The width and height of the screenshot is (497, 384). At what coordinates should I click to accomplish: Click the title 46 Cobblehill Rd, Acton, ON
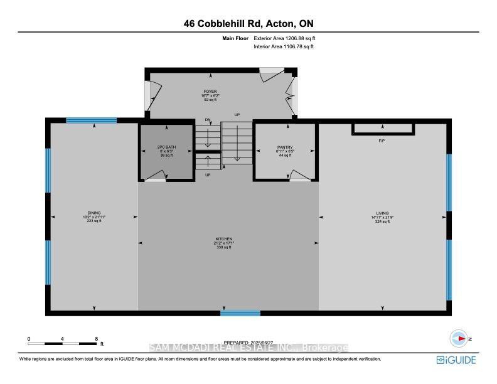point(249,23)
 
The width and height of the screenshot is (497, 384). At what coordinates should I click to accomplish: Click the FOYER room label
point(201,92)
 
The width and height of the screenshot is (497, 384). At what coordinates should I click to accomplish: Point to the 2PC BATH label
point(165,147)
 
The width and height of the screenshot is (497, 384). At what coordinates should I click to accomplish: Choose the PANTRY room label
point(284,147)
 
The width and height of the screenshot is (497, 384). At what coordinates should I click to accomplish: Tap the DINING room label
point(94,213)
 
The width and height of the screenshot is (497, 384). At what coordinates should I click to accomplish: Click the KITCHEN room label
point(224,239)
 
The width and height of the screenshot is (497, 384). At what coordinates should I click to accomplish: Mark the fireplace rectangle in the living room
point(383,129)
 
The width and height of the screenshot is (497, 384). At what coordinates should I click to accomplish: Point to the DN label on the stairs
point(208,120)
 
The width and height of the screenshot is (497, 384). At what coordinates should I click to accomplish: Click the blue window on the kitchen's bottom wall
point(240,312)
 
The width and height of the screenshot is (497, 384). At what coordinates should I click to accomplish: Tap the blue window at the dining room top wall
point(92,120)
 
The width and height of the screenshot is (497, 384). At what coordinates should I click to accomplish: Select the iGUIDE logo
point(457,360)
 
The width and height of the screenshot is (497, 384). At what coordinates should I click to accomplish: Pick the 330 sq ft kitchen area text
point(224,247)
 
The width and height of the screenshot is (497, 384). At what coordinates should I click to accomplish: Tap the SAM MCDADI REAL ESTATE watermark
point(249,348)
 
